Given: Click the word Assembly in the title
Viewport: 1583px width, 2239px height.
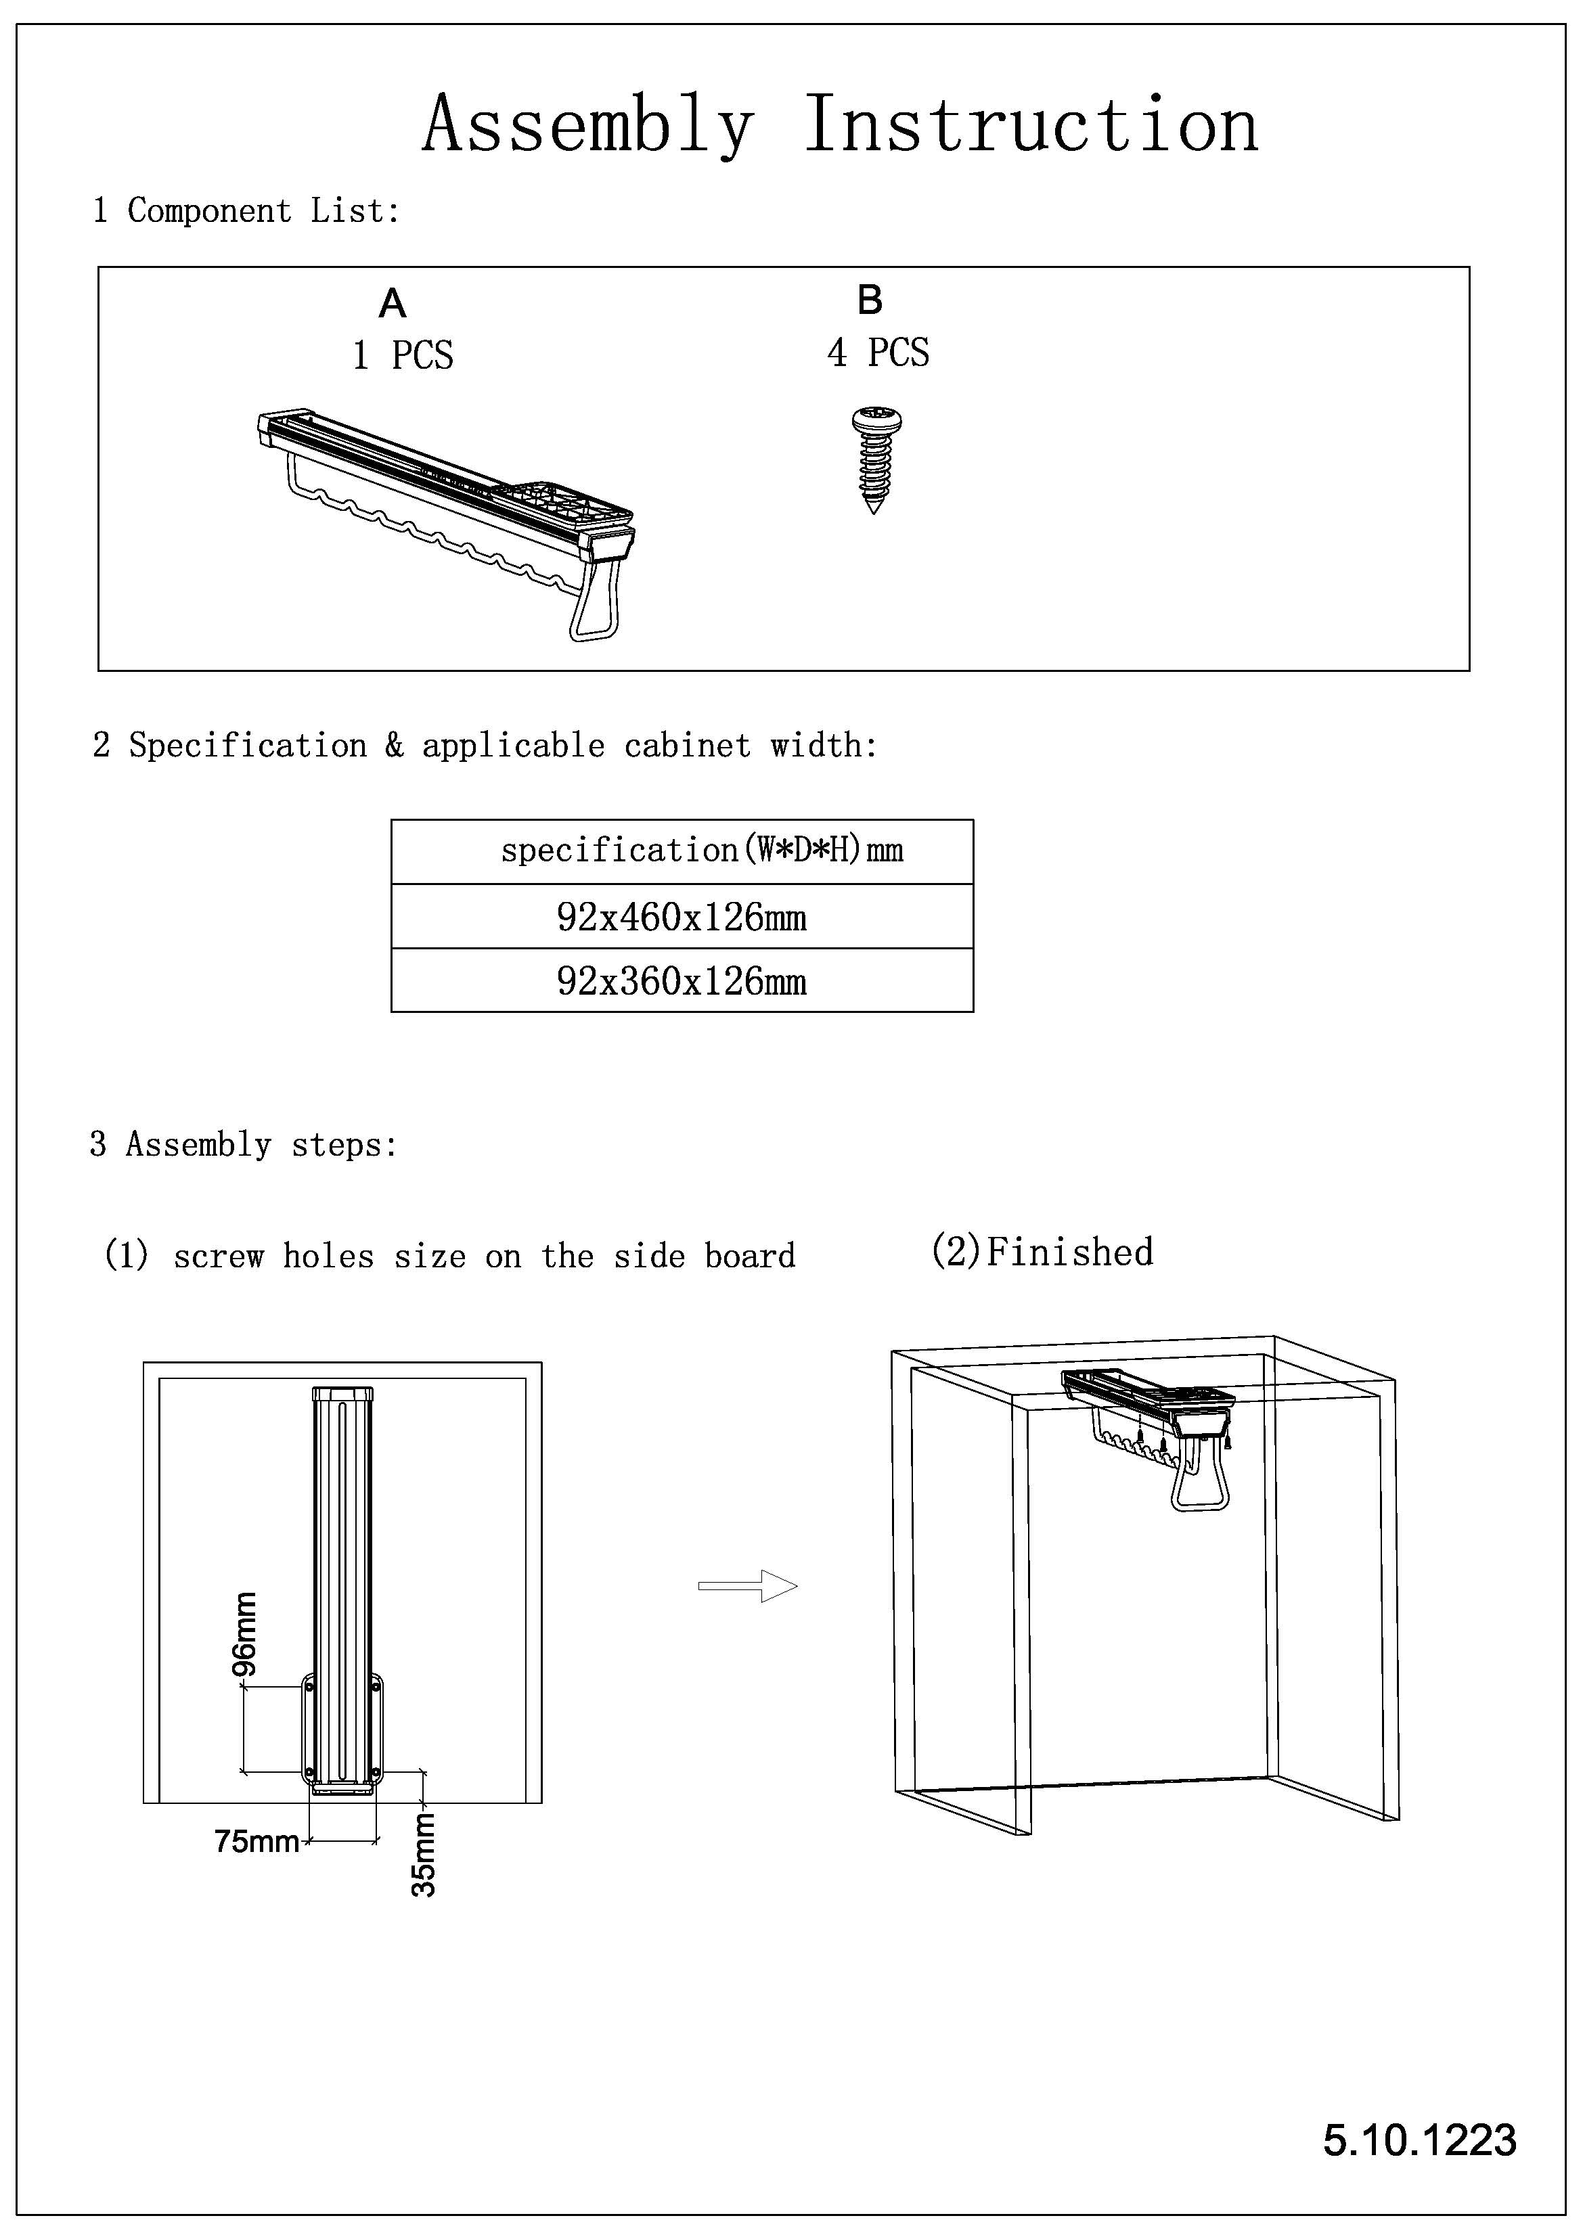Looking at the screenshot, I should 588,127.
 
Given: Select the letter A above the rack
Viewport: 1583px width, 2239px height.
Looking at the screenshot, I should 392,304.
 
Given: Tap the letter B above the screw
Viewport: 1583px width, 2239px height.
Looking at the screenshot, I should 869,300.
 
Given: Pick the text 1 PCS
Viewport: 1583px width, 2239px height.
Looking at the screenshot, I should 403,356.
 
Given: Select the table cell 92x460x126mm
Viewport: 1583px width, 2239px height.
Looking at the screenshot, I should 682,918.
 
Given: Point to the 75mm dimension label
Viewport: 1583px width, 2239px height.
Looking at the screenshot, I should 257,1841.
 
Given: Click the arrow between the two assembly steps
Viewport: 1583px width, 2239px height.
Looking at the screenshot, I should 748,1585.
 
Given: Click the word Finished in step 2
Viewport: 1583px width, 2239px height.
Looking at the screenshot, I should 1069,1252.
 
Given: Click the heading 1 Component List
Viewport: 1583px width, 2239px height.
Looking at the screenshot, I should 246,210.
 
